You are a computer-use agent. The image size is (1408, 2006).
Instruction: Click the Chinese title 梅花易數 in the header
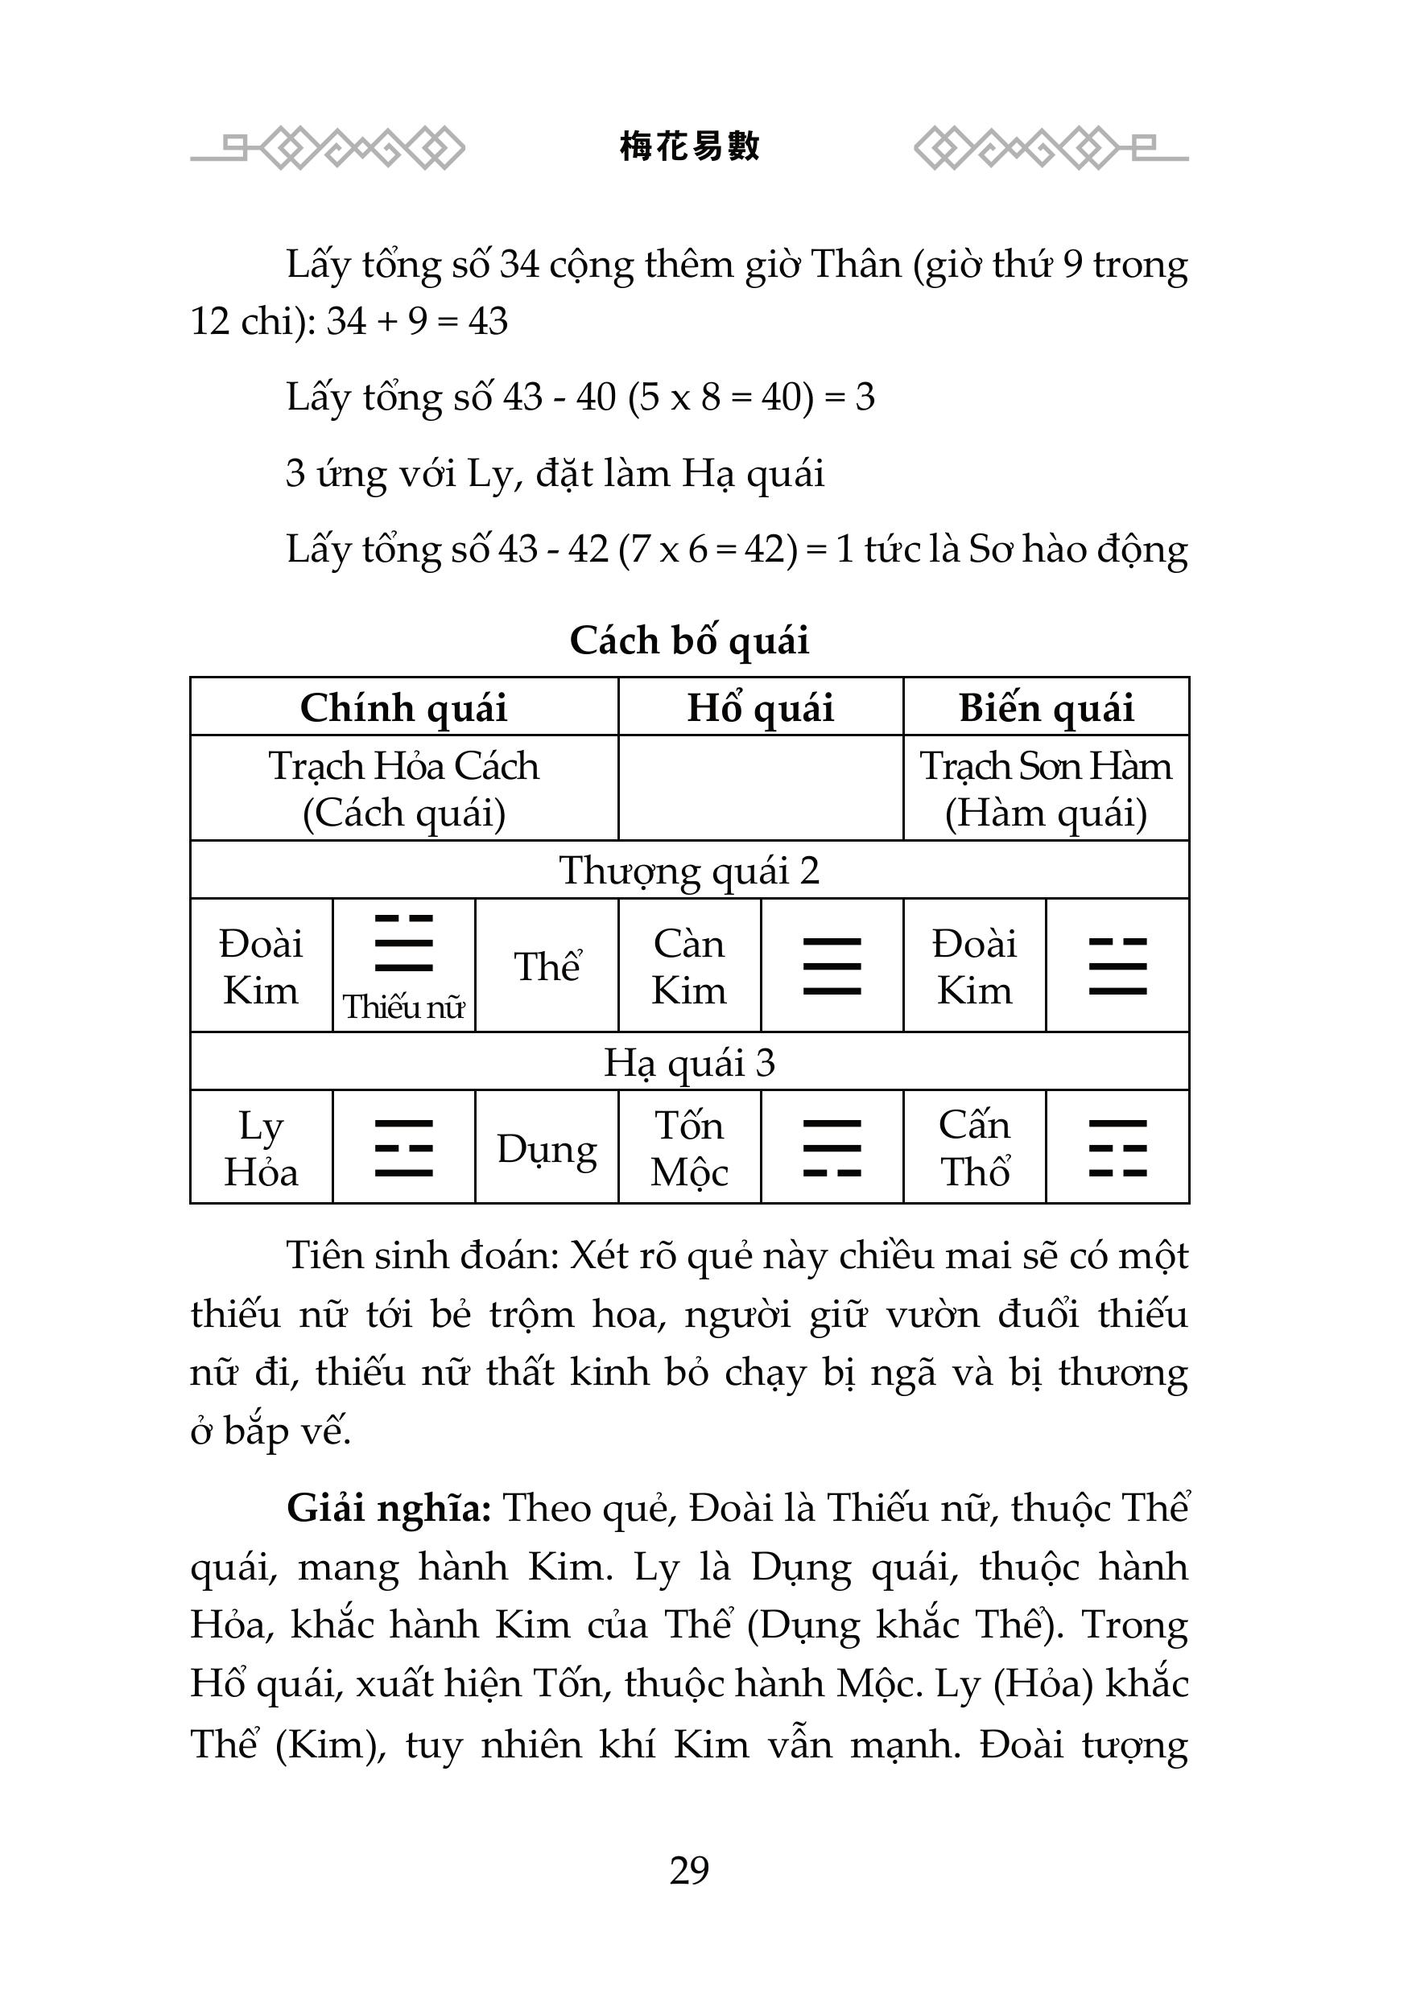tap(689, 146)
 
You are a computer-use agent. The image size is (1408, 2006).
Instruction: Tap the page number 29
tap(689, 1870)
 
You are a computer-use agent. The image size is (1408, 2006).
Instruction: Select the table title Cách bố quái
tap(689, 641)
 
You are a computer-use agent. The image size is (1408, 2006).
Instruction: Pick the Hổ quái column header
tap(761, 706)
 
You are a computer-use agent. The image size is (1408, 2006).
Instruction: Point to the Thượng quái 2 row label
tap(689, 870)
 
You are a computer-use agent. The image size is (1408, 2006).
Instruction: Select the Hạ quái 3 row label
tap(689, 1061)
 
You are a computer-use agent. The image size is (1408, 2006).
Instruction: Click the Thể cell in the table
tap(547, 966)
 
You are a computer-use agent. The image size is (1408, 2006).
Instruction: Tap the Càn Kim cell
tap(689, 966)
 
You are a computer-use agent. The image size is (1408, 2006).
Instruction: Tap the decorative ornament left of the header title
tap(328, 149)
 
